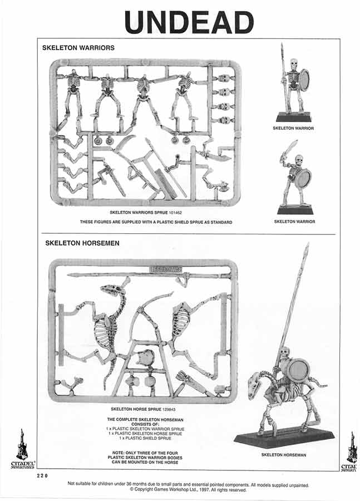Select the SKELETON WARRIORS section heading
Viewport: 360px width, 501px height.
(78, 48)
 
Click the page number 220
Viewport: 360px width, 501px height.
(43, 476)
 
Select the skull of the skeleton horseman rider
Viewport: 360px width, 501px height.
(285, 352)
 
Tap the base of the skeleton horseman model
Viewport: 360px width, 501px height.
(284, 438)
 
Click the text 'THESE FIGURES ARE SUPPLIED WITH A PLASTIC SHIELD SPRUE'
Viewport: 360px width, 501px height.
(155, 222)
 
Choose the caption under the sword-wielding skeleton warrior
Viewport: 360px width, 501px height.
(294, 222)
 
